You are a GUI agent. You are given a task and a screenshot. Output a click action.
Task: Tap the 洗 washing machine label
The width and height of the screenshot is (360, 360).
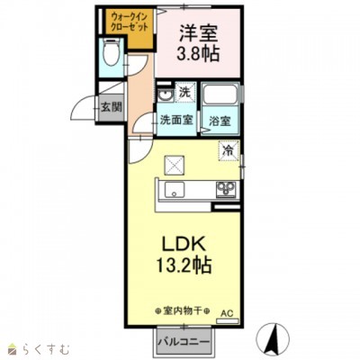184,93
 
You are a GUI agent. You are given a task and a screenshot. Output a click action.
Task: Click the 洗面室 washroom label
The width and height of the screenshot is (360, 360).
176,119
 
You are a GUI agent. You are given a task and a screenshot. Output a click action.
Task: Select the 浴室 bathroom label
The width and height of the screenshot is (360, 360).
220,119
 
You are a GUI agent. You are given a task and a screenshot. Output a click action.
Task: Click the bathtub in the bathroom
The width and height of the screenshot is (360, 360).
220,94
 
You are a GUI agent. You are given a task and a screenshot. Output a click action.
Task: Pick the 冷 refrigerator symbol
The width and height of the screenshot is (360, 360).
229,149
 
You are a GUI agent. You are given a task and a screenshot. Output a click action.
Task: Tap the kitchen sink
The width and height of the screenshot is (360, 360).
174,189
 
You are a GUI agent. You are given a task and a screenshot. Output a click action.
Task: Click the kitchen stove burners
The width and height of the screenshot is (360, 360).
223,189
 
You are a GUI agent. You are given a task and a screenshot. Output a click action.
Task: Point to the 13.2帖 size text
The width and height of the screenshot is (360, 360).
186,267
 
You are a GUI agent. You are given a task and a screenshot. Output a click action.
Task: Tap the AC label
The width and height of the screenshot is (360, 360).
228,312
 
